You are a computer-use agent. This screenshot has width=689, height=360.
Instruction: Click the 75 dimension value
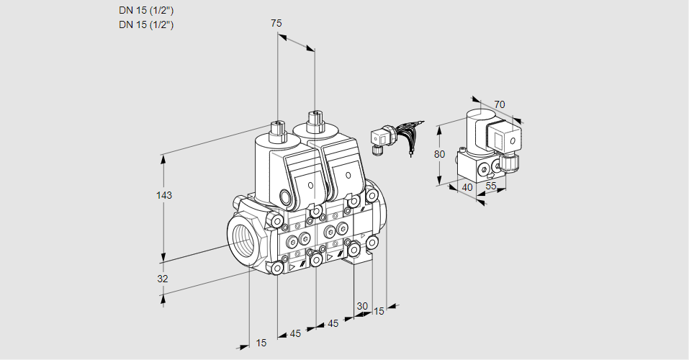(x=276, y=23)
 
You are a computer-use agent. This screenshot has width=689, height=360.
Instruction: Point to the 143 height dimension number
(x=166, y=196)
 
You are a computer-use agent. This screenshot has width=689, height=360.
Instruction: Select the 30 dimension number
(x=362, y=306)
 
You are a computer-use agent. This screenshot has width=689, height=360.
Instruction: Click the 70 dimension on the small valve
(x=500, y=104)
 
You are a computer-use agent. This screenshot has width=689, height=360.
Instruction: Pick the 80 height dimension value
(x=441, y=154)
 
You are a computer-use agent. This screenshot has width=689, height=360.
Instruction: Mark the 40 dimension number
(x=466, y=187)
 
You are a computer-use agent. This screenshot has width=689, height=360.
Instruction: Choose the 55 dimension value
(x=492, y=186)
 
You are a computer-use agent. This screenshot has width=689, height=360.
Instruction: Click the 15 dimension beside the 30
(x=379, y=311)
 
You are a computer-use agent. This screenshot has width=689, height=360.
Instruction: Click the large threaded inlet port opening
(x=242, y=238)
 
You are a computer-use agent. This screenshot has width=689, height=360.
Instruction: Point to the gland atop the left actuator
(x=277, y=129)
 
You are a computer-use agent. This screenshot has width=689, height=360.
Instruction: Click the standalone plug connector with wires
(x=380, y=138)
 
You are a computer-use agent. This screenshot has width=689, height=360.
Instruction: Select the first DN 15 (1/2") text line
(x=146, y=10)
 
